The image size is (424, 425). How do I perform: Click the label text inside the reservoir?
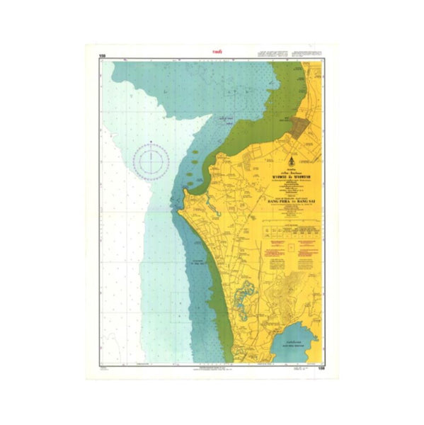pyautogui.click(x=297, y=345)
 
